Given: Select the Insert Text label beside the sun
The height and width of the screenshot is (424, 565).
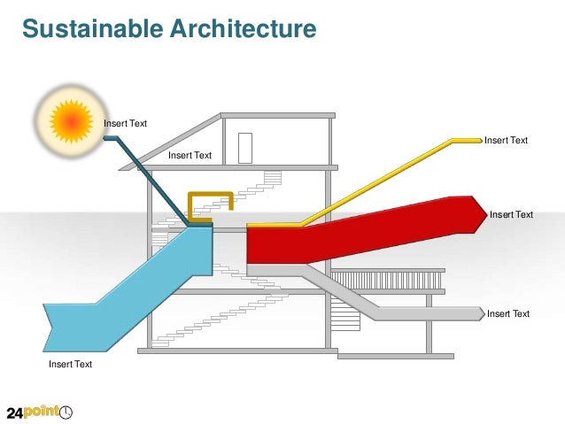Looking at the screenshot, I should pos(126,123).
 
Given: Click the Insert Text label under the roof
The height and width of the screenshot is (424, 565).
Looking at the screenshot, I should pos(190,156).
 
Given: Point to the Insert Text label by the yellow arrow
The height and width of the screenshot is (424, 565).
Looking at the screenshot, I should pos(506,140).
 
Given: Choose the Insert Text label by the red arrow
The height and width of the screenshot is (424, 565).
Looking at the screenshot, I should pos(511,214).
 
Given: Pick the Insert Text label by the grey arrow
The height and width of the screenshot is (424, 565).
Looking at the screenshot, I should pos(508,313).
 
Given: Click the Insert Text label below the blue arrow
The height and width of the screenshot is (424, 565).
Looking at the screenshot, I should pos(70,364).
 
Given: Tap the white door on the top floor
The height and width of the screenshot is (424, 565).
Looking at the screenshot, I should pos(245,147).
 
